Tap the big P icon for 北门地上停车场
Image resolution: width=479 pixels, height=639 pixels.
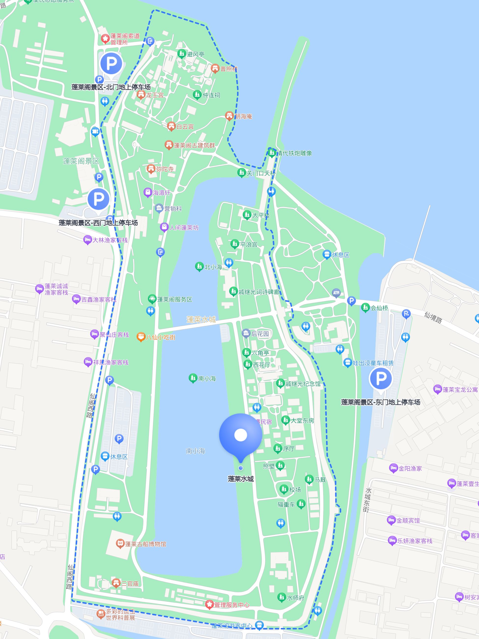click(111, 63)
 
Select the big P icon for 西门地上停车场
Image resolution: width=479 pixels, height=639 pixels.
click(99, 199)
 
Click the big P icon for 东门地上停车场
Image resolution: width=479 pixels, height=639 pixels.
click(380, 378)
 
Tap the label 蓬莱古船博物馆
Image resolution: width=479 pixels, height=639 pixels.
click(145, 544)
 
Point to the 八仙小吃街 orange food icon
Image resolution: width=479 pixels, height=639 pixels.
click(141, 337)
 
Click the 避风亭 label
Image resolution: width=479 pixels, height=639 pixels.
click(196, 54)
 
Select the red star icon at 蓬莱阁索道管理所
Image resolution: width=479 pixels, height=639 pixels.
click(105, 38)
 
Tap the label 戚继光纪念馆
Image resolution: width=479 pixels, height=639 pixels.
click(303, 384)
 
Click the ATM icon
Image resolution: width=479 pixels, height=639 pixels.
click(336, 293)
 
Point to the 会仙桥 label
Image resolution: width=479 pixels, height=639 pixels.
click(379, 308)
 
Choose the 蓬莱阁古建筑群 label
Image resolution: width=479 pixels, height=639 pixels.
click(194, 145)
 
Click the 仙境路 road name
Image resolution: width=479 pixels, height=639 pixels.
click(433, 318)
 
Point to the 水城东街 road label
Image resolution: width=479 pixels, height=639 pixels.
click(367, 500)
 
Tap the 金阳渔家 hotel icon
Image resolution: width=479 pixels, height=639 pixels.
click(393, 468)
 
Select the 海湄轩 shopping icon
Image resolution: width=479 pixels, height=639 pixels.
click(148, 192)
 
